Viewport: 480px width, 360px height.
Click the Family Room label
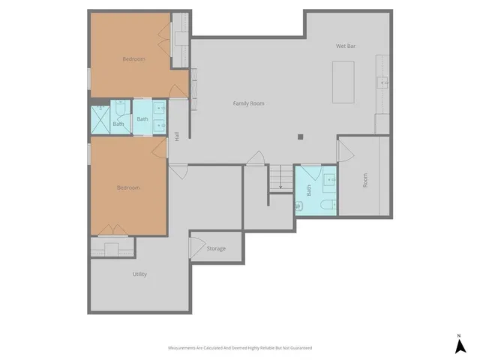(x=248, y=103)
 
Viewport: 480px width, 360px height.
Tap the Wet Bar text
(x=345, y=46)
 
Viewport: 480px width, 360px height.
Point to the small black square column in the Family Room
(x=299, y=136)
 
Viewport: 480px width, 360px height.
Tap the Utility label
(x=139, y=274)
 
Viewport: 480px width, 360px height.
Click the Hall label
(x=177, y=136)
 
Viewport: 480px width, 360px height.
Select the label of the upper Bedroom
(x=133, y=58)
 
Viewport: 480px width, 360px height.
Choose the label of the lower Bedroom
(x=128, y=187)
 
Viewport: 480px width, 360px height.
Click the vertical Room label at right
(x=365, y=180)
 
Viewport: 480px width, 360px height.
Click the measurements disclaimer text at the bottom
(x=240, y=348)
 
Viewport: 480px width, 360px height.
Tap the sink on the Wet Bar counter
(x=382, y=82)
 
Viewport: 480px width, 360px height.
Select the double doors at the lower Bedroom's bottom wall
(x=112, y=229)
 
